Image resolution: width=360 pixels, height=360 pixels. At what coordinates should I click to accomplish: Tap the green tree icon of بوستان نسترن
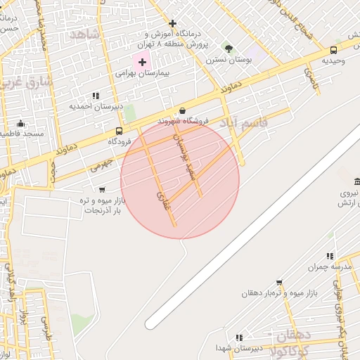pos(228,48)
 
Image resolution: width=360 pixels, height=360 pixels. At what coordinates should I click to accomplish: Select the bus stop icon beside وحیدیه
pos(333,49)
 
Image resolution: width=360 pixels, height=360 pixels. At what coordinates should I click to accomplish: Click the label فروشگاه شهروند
pos(184,121)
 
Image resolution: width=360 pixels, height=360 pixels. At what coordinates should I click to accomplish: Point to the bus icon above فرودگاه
pos(119,130)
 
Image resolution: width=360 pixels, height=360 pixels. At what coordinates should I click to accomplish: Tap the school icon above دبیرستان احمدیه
pos(96,96)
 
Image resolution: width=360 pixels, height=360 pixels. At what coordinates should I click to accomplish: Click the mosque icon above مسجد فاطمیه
pos(21,123)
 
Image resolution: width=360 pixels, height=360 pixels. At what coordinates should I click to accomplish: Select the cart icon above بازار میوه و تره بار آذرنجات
pos(103,189)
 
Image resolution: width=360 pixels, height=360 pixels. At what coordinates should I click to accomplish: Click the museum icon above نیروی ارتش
pos(357,181)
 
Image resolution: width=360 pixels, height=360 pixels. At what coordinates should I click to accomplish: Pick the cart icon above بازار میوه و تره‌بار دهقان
pos(279,282)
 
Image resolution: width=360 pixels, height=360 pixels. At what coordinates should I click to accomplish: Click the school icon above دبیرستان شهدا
pos(239,337)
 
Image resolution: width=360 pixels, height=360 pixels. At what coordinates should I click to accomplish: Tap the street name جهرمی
pos(101,165)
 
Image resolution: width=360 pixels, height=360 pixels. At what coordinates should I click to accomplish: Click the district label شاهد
pos(83,33)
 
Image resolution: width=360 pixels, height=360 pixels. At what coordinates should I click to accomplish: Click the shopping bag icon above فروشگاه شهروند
pos(183,110)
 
